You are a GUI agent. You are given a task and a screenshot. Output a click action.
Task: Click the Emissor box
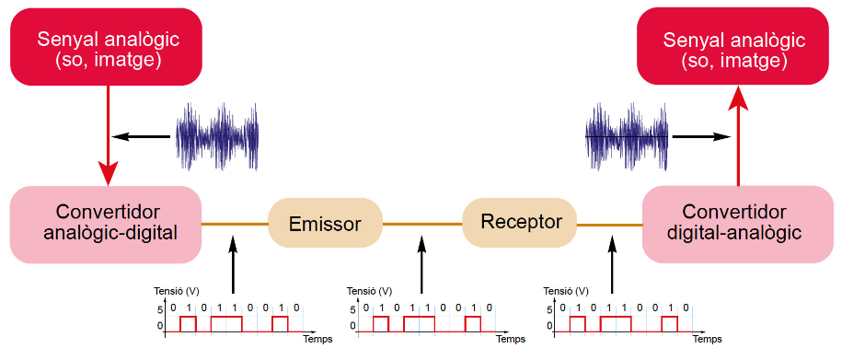[x=325, y=223]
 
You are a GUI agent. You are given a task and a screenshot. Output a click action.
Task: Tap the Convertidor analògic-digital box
[x=105, y=225]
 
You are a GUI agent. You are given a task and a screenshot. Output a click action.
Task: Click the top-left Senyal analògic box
[x=107, y=47]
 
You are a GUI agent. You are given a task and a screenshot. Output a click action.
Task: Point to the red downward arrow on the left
[x=109, y=135]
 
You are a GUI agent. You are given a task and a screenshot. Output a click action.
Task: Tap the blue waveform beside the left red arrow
[x=218, y=136]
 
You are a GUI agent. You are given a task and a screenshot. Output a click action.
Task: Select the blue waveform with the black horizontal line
[x=627, y=136]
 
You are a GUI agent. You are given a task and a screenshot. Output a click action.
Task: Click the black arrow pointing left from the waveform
[x=141, y=136]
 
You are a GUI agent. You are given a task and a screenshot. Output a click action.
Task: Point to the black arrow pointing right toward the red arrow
[x=702, y=136]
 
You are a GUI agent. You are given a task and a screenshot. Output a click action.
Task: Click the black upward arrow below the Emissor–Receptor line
[x=421, y=264]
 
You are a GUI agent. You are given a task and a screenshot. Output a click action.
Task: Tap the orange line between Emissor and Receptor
[x=422, y=224]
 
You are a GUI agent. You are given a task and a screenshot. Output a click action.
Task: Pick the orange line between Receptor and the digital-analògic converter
[x=609, y=225]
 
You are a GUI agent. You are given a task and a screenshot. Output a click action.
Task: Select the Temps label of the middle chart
[x=510, y=340]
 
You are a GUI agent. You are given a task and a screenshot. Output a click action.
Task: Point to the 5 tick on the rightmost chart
[x=548, y=309]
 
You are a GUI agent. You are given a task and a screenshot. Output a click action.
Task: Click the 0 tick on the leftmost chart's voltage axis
[x=159, y=326]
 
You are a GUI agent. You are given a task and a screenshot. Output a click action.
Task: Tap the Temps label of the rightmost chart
[x=707, y=340]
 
